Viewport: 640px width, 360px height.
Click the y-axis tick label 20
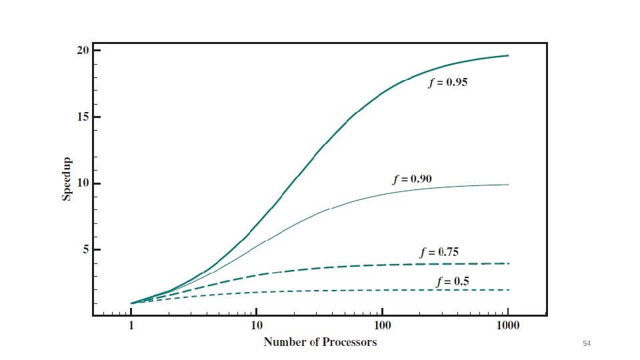(83, 51)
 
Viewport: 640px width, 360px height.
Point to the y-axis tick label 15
(83, 117)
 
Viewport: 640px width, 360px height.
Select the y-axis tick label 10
(83, 183)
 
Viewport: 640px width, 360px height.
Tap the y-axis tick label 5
(86, 249)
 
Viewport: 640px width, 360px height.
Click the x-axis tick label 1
(131, 325)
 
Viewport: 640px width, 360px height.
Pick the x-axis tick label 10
(256, 325)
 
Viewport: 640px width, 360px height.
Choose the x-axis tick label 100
(382, 325)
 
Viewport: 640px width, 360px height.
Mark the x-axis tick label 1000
(508, 325)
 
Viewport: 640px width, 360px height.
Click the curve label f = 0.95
(448, 83)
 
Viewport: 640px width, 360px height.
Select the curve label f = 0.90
(412, 179)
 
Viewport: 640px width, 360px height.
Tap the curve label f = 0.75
(439, 252)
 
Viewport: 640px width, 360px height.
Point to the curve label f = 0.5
(453, 281)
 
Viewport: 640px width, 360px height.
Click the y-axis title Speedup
(67, 179)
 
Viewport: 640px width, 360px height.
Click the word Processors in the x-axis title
(349, 342)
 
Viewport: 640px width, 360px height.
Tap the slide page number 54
(587, 344)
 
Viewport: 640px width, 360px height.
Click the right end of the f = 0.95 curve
(508, 55)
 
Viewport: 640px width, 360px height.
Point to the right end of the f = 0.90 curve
(508, 185)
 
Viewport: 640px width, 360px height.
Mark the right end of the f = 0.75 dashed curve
(509, 264)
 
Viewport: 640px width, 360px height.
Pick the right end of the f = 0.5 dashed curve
(509, 290)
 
